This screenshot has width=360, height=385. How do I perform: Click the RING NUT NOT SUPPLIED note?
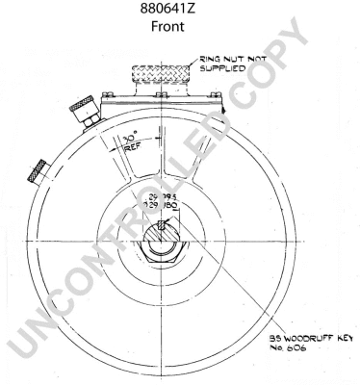(x=231, y=64)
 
